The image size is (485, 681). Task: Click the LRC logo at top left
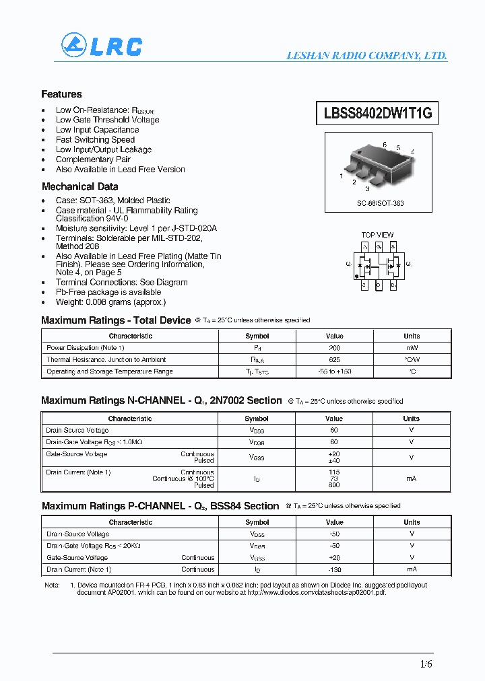[x=102, y=45]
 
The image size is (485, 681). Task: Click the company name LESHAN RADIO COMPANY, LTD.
[x=366, y=56]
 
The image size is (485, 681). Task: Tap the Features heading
[x=61, y=94]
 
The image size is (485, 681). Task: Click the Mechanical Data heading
[x=79, y=186]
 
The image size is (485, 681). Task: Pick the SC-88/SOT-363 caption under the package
[x=381, y=203]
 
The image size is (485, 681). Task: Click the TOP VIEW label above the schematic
[x=377, y=235]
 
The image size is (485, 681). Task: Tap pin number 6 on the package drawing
[x=385, y=145]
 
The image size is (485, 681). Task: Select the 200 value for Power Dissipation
[x=334, y=348]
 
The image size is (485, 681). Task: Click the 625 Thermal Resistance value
[x=334, y=360]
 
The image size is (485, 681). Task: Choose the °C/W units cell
[x=411, y=360]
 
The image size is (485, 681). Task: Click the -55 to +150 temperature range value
[x=334, y=371]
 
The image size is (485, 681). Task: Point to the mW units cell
[x=411, y=348]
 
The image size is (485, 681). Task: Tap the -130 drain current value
[x=334, y=569]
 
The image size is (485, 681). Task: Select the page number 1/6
[x=426, y=664]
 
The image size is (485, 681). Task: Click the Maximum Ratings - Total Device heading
[x=116, y=320]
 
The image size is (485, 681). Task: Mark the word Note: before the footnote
[x=52, y=585]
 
